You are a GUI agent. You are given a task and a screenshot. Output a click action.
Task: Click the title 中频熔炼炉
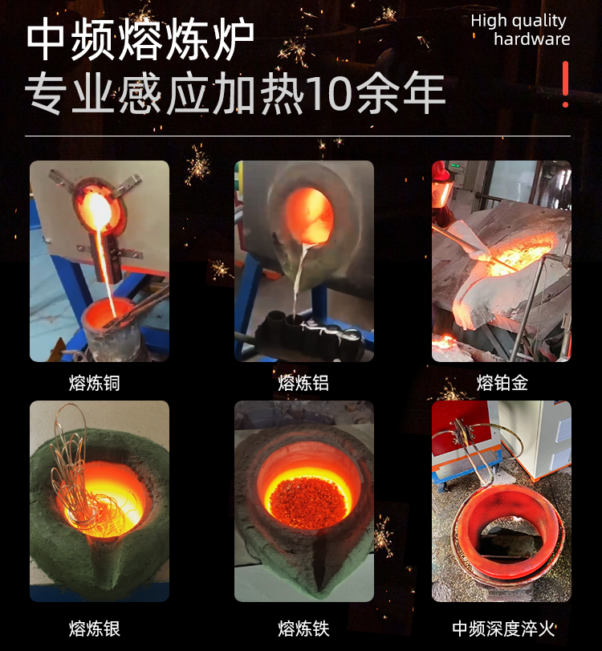pos(140,40)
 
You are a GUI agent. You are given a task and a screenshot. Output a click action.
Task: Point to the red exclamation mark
pos(566,84)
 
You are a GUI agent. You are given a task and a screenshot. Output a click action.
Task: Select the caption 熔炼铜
pos(95,384)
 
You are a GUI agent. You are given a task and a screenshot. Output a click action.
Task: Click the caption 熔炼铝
pos(303,384)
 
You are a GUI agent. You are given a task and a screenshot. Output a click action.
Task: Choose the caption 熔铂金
pos(502,384)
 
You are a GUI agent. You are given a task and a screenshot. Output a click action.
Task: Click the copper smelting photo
pos(100,261)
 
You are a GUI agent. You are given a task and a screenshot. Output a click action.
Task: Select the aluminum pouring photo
pos(304,261)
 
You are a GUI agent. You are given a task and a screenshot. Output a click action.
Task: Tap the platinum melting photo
pos(502,261)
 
